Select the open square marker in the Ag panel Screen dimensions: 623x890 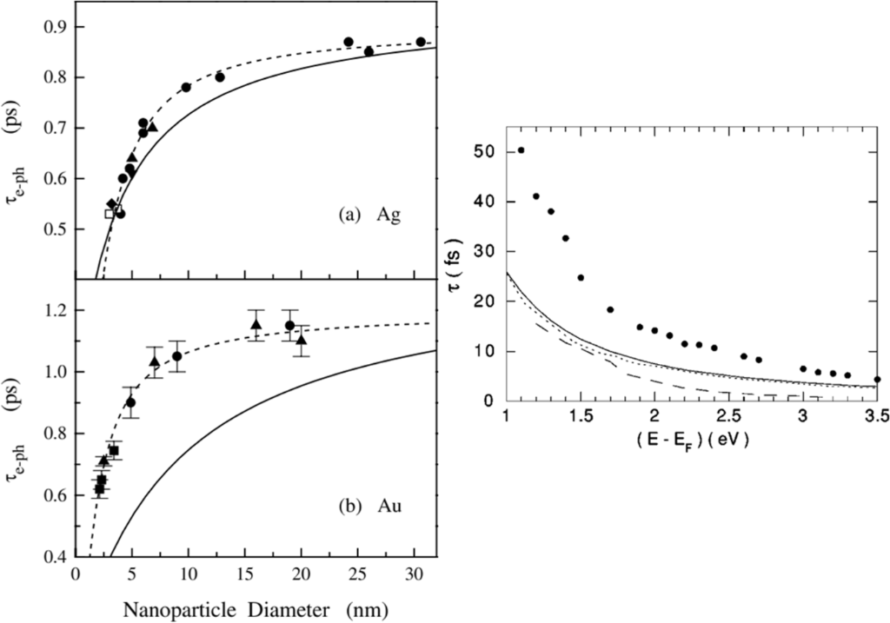tap(110, 213)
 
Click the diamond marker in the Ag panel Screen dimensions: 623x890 tap(111, 203)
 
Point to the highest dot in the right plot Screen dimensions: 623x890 tap(521, 149)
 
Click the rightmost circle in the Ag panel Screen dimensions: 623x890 tap(421, 42)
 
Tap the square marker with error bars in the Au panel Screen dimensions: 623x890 tap(114, 450)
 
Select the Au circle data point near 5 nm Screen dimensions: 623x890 tap(130, 402)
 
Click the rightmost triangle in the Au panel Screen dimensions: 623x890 tap(301, 340)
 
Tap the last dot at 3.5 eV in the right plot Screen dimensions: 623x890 tap(877, 379)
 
